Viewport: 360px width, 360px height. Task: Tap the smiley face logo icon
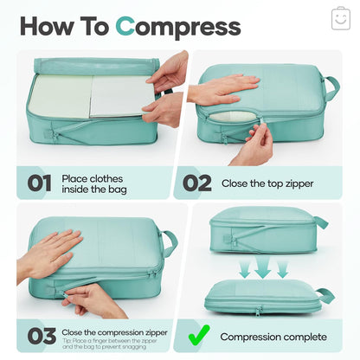click(x=340, y=19)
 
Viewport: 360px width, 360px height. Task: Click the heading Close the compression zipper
click(x=113, y=331)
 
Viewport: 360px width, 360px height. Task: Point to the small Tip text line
click(x=113, y=344)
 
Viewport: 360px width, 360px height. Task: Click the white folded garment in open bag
click(x=121, y=97)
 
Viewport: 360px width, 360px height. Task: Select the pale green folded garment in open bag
click(x=61, y=97)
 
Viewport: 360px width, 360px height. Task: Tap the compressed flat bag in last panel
click(x=264, y=299)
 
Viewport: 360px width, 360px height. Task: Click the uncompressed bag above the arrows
click(x=264, y=228)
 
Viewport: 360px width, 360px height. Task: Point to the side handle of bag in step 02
click(x=330, y=87)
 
